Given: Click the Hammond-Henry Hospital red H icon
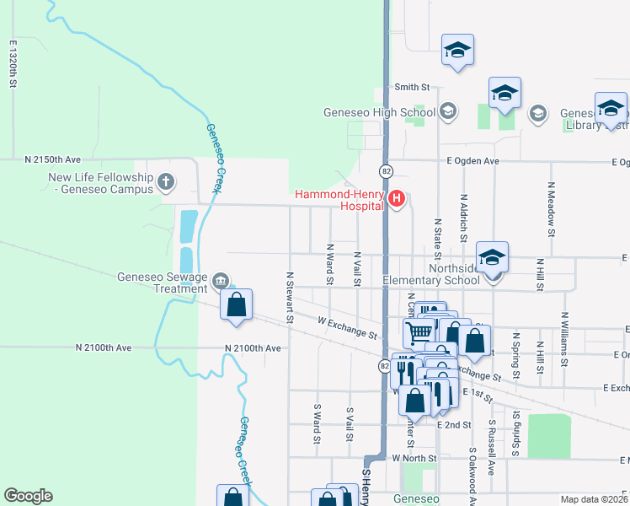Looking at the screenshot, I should pos(397,200).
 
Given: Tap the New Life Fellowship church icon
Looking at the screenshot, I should pos(167,180).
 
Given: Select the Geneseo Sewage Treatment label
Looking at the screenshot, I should pos(163,282).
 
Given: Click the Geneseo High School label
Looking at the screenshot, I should pos(381,112).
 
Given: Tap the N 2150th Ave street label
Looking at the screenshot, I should pos(52,159).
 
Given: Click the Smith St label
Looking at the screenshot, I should pos(412,87).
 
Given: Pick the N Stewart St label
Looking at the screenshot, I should pos(290,297).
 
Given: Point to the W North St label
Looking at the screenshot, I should pos(414,458).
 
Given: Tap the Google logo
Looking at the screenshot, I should pos(28,495).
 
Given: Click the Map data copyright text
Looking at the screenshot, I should pos(595,499).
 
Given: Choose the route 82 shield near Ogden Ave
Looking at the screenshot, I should pos(385,170).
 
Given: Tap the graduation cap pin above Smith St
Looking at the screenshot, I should pos(457,51).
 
